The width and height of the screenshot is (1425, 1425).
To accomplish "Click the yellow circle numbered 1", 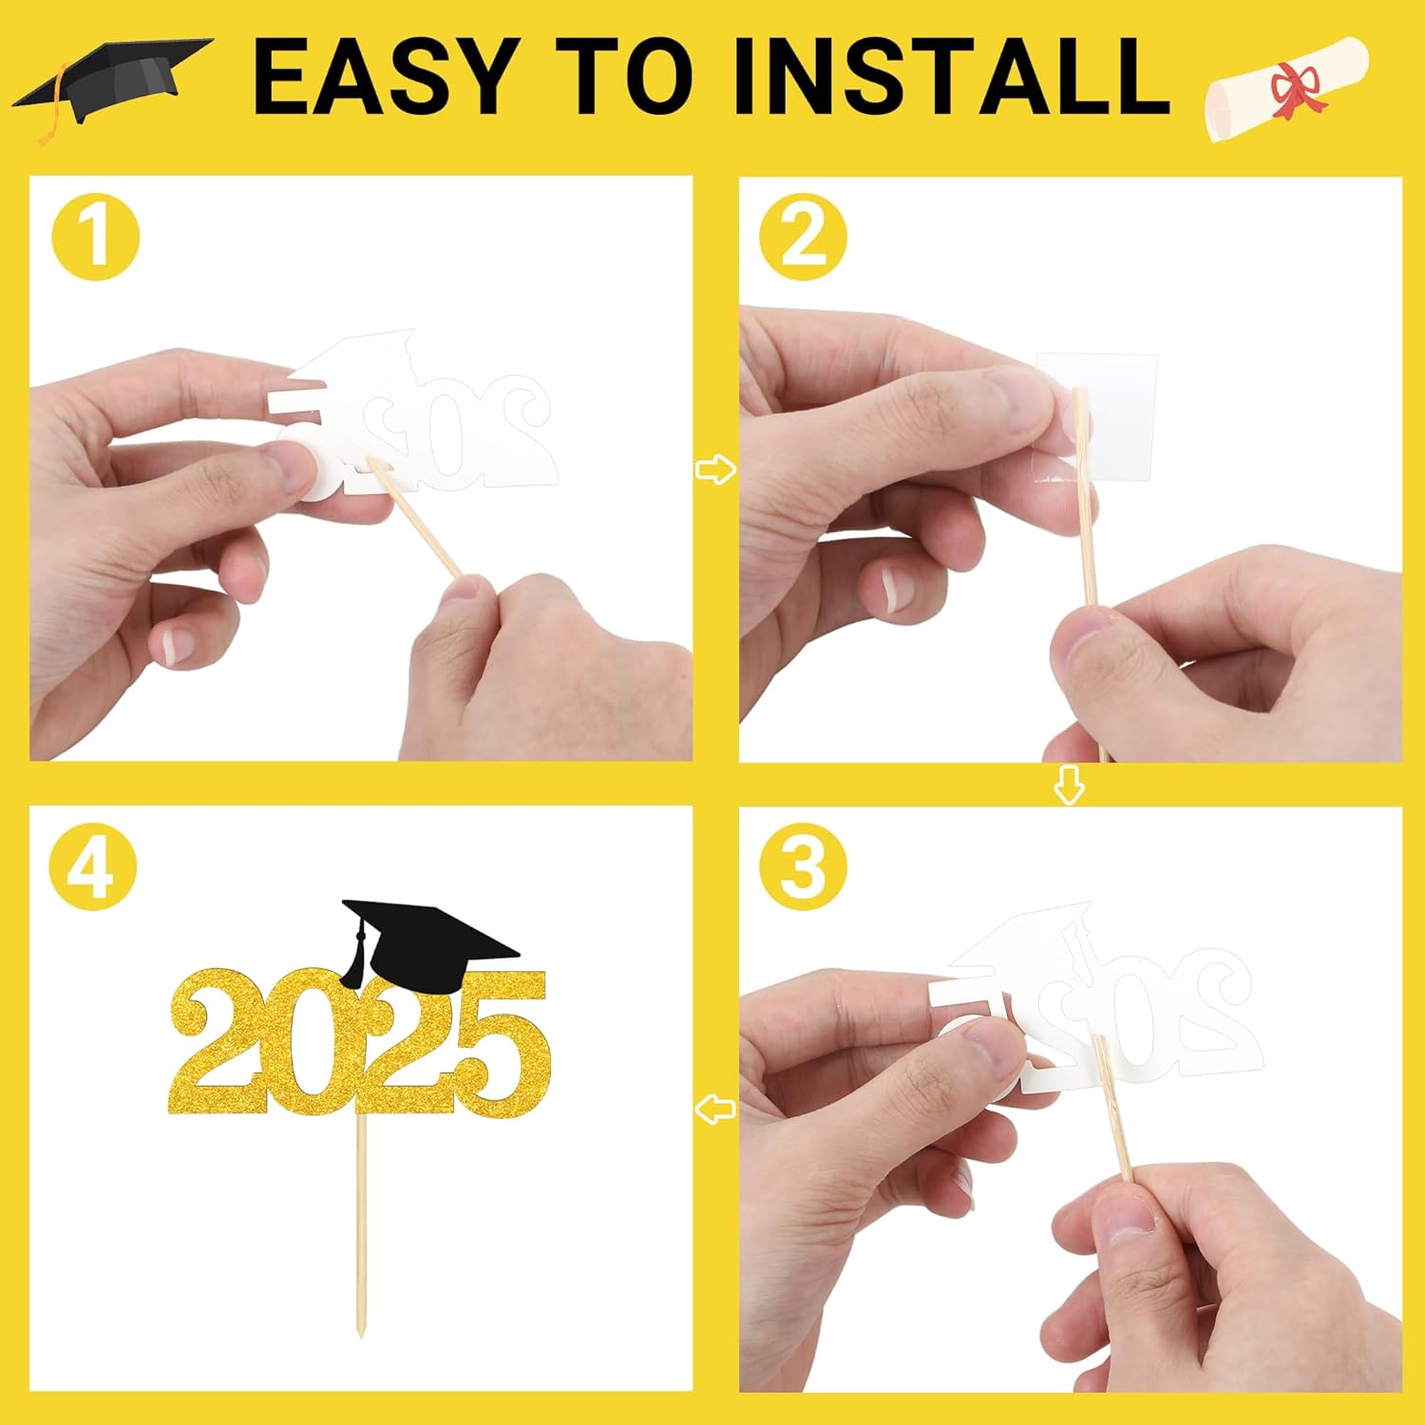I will pyautogui.click(x=96, y=236).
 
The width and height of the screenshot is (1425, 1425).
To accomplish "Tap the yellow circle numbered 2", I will pyautogui.click(x=804, y=236).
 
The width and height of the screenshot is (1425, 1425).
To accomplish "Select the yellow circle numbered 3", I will pyautogui.click(x=804, y=867).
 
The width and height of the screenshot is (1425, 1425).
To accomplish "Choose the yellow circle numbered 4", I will pyautogui.click(x=93, y=867).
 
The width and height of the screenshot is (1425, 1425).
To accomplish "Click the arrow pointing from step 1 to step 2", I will pyautogui.click(x=715, y=469).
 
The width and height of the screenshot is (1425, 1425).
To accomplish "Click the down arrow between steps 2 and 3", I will pyautogui.click(x=1070, y=785).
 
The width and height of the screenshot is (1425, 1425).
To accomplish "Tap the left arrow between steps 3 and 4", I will pyautogui.click(x=715, y=1108).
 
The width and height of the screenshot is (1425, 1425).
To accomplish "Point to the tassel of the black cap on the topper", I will pyautogui.click(x=355, y=959).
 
